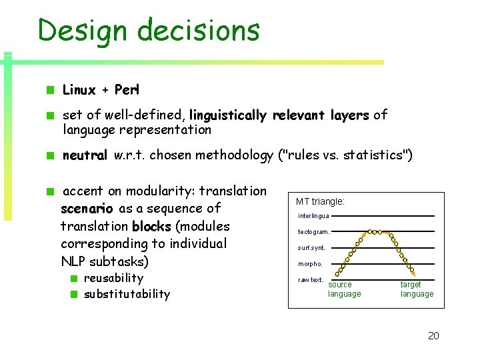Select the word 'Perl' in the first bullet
point(127,90)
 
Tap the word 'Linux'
point(79,90)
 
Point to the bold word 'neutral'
point(85,156)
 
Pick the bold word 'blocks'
point(151,226)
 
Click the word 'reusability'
point(113,278)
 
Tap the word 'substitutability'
point(127,294)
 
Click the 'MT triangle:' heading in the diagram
point(320,201)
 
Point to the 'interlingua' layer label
point(313,216)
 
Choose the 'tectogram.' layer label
point(313,232)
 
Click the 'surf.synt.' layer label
point(311,248)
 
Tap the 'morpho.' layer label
point(310,264)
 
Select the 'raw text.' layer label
point(311,280)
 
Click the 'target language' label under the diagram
point(417,289)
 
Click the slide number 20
point(433,336)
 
